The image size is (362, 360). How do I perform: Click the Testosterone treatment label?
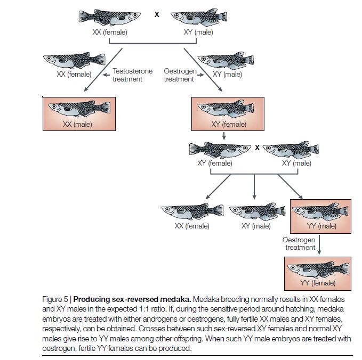[132, 75]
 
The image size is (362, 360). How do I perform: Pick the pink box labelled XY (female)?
[229, 113]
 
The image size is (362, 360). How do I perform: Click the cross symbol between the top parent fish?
[157, 15]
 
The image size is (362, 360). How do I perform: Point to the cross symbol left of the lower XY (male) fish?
[257, 148]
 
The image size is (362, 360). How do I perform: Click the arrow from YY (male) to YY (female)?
[318, 243]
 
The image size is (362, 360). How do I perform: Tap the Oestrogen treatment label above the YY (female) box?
[300, 243]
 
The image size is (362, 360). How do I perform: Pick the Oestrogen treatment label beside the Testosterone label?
[180, 75]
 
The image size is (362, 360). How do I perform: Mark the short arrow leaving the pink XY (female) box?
[224, 135]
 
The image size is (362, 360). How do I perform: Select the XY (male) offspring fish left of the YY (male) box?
[254, 212]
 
